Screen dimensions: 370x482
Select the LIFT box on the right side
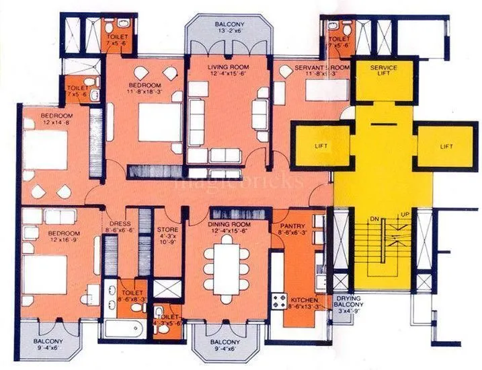click(x=445, y=145)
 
